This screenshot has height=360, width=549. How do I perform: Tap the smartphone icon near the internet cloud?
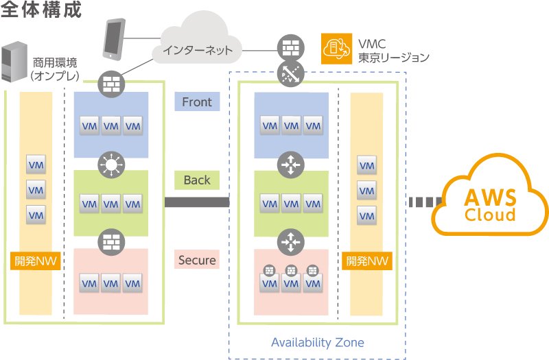tap(113, 39)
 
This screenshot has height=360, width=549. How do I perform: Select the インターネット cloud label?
tap(198, 50)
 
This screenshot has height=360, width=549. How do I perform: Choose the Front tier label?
tap(197, 102)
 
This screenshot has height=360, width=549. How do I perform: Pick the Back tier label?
tap(197, 180)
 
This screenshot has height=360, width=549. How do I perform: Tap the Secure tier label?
tap(197, 261)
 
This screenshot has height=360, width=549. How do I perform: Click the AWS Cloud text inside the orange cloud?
tap(490, 206)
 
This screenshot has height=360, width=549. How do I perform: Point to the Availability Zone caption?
tap(318, 342)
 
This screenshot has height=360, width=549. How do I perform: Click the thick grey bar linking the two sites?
tap(197, 202)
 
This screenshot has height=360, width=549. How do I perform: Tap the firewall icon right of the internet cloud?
tap(288, 48)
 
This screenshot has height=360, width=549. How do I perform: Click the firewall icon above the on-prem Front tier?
tap(110, 83)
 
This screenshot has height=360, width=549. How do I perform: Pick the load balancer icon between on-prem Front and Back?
tap(110, 164)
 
